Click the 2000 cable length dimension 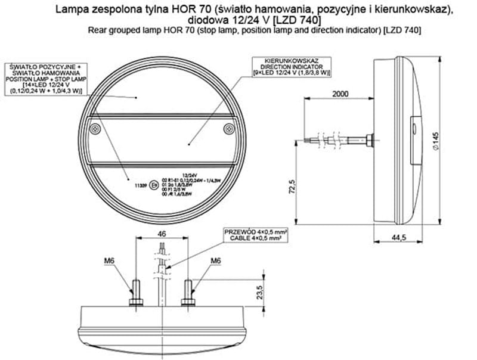[x=340, y=94]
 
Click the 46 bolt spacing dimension [x=162, y=235]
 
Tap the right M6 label [x=216, y=260]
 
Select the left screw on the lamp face [x=92, y=129]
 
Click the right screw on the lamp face [x=227, y=129]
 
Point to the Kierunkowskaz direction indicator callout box [x=292, y=66]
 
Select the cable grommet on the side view [x=370, y=142]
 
